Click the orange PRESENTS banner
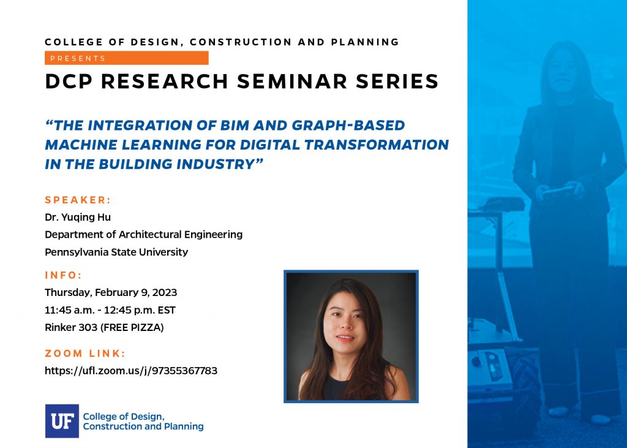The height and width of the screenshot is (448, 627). (x=126, y=58)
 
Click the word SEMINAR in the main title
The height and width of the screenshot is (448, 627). (x=292, y=82)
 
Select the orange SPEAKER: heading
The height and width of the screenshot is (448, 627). (x=78, y=200)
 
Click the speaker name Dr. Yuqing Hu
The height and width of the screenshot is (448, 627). (x=78, y=218)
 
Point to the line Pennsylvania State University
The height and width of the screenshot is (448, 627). (x=116, y=252)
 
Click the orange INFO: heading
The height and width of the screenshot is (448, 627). (x=63, y=275)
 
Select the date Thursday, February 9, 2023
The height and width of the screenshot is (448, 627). (x=111, y=293)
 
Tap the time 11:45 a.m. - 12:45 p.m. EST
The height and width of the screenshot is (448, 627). (x=110, y=310)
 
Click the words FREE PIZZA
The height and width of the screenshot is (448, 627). (x=132, y=327)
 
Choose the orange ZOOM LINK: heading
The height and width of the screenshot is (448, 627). (x=85, y=354)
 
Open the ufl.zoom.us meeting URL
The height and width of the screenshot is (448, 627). (x=131, y=371)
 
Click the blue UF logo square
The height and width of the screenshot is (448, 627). (x=62, y=421)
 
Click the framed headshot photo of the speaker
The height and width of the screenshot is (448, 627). (x=351, y=336)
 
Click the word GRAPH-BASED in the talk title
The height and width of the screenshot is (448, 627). (x=348, y=125)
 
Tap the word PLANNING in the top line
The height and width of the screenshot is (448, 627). (x=365, y=42)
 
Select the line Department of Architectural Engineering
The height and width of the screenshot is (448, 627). (x=143, y=235)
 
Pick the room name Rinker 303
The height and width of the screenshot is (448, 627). (x=71, y=327)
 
